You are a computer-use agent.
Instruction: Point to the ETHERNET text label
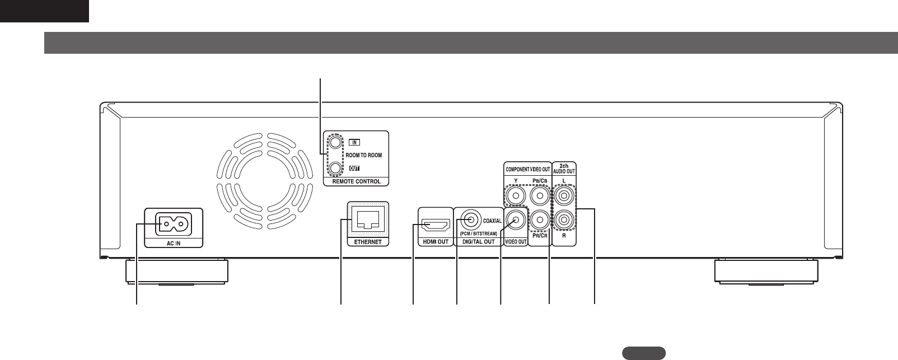[368, 242]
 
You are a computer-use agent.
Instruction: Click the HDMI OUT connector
[435, 226]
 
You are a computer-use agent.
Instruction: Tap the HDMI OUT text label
[435, 242]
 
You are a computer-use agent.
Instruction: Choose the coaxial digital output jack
[469, 221]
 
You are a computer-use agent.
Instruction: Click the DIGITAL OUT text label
[479, 242]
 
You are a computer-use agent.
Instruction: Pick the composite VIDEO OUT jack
[516, 220]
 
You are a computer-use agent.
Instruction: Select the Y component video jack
[516, 197]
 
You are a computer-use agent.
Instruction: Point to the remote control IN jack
[335, 143]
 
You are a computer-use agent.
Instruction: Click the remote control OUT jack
[335, 167]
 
